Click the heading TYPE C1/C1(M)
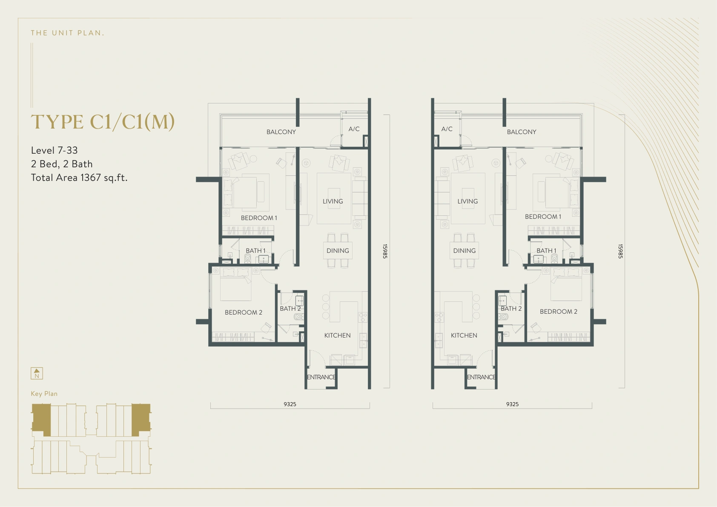pyautogui.click(x=103, y=122)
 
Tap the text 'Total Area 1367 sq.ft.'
pyautogui.click(x=79, y=178)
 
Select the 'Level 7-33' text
pyautogui.click(x=54, y=150)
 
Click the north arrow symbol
pyautogui.click(x=37, y=373)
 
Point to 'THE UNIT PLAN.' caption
pyautogui.click(x=67, y=33)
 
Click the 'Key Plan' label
pyautogui.click(x=44, y=394)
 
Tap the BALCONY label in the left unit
pyautogui.click(x=281, y=132)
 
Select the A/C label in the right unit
pyautogui.click(x=447, y=129)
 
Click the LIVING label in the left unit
pyautogui.click(x=333, y=201)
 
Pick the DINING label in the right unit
pyautogui.click(x=464, y=251)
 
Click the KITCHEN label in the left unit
pyautogui.click(x=337, y=335)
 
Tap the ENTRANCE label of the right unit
pyautogui.click(x=481, y=377)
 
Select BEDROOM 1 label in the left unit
pyautogui.click(x=259, y=218)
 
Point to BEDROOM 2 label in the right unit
pyautogui.click(x=558, y=312)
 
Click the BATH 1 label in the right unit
pyautogui.click(x=546, y=251)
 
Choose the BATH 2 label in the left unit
pyautogui.click(x=290, y=309)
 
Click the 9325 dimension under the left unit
pyautogui.click(x=290, y=404)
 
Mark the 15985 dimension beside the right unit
pyautogui.click(x=620, y=251)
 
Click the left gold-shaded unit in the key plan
pyautogui.click(x=41, y=419)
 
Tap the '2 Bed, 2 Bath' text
pyautogui.click(x=62, y=164)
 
